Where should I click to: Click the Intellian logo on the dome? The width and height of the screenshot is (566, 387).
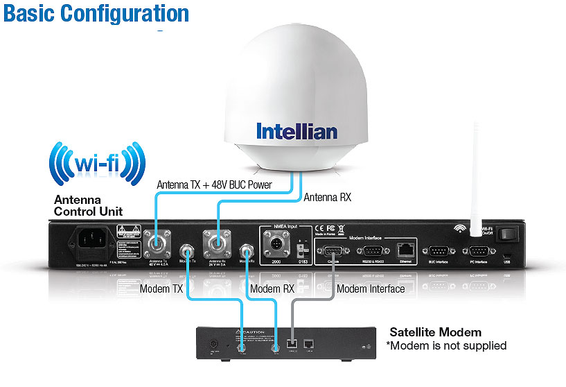pos(297,131)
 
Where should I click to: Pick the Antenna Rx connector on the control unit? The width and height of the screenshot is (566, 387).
pos(216,243)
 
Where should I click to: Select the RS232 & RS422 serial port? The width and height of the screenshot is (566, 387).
pos(371,251)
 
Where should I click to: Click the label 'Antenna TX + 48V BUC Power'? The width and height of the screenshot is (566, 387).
pos(215,185)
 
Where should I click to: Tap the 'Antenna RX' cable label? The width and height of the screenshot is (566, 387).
pos(327,197)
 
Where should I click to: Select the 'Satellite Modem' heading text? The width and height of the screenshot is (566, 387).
pos(435,332)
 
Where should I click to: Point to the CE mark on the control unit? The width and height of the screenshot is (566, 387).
pos(319,228)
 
